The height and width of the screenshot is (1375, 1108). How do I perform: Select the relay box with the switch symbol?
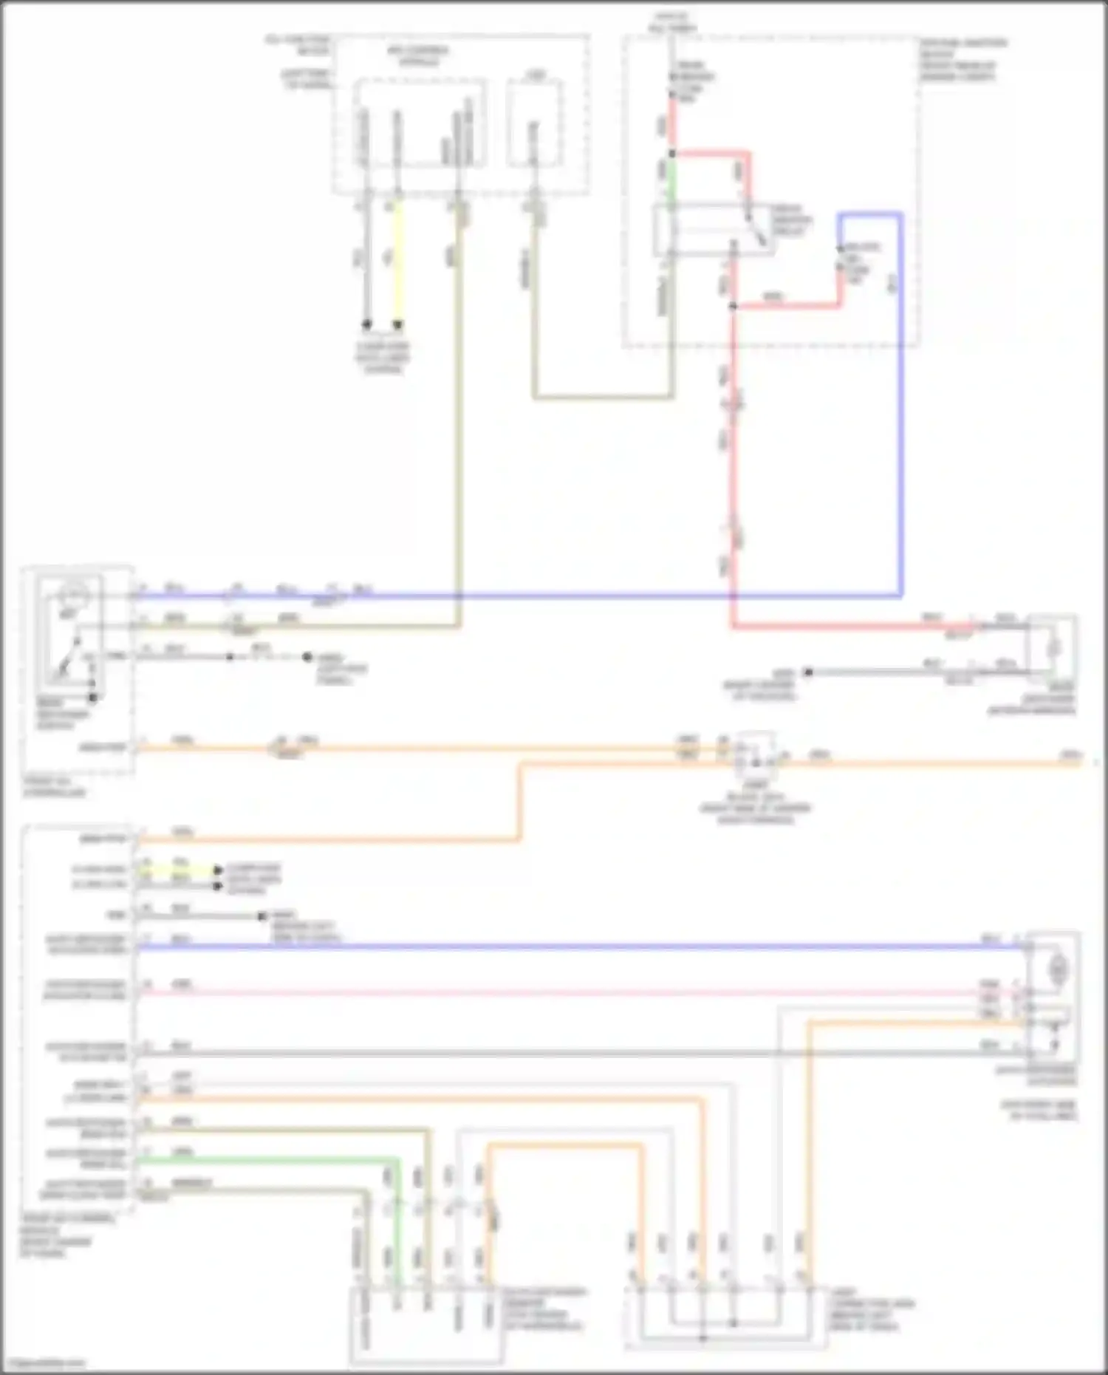tap(713, 230)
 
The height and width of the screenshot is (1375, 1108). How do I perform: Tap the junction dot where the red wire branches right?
tap(672, 154)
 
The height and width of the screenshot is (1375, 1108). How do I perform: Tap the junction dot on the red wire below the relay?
tap(733, 305)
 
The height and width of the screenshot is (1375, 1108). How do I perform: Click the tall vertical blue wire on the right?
tap(900, 406)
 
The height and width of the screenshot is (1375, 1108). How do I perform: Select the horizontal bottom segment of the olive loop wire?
tap(602, 398)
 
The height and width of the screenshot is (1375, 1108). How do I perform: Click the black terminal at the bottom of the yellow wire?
tap(399, 324)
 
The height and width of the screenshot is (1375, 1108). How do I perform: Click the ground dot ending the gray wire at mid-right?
tap(808, 672)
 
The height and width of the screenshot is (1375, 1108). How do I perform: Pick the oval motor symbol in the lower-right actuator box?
tap(1059, 966)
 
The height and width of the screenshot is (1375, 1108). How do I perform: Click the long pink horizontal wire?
tap(554, 992)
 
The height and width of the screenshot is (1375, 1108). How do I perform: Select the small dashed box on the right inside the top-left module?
tap(534, 123)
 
